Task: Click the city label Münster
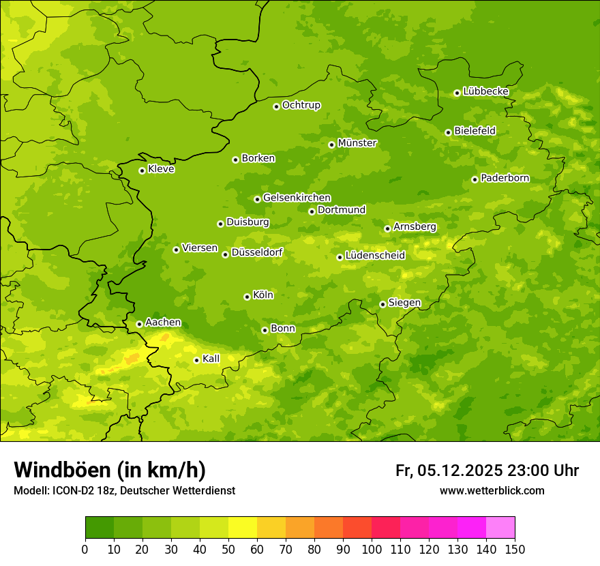tap(357, 143)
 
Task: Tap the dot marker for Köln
tap(247, 297)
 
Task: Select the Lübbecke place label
tap(485, 91)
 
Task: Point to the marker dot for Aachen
tap(139, 324)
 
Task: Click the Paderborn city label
tap(505, 178)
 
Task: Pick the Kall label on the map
tap(211, 359)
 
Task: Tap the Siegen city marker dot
tap(382, 304)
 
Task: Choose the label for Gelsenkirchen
tap(297, 198)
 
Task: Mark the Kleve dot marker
tap(142, 170)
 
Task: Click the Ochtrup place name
tap(301, 105)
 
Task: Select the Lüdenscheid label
tap(375, 256)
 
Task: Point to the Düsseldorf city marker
tap(225, 254)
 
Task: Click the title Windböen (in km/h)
tap(110, 470)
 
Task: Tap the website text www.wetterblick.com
tap(492, 490)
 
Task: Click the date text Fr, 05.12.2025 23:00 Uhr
tap(487, 471)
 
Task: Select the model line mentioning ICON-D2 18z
tap(124, 490)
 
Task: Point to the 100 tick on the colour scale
tap(372, 549)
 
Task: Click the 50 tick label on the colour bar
tap(228, 549)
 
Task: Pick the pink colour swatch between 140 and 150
tap(500, 528)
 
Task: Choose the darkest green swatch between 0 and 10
tap(100, 528)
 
